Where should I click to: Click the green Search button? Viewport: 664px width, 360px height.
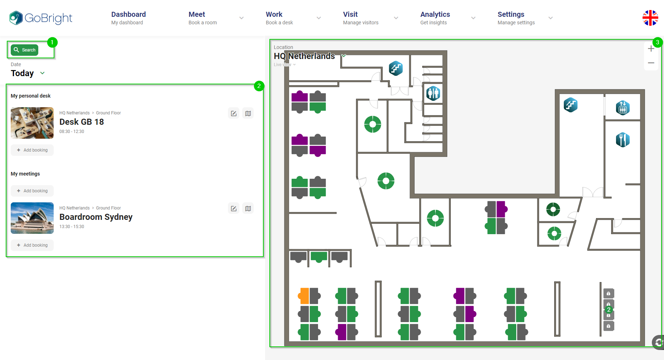(x=25, y=50)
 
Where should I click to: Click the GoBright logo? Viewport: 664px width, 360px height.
(x=41, y=18)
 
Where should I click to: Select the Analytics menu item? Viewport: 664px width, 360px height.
(x=435, y=18)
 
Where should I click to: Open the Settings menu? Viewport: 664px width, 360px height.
(x=511, y=18)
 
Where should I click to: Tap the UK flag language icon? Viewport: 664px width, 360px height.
(x=650, y=18)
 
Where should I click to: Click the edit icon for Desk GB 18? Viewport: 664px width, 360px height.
(x=234, y=113)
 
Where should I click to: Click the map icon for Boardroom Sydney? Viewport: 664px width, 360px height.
(x=248, y=208)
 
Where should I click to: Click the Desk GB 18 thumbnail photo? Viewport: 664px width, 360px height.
(x=32, y=123)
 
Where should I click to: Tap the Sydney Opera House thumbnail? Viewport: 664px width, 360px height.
(x=32, y=218)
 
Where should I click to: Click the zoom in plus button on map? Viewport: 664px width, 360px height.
(x=651, y=49)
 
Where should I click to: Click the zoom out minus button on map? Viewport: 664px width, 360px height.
(x=651, y=63)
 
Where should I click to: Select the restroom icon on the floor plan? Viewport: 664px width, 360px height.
(x=433, y=93)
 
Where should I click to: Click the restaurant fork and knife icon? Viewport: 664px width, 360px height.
(x=622, y=140)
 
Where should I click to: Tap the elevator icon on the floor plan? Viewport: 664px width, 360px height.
(x=622, y=108)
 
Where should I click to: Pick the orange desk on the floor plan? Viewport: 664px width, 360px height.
(x=304, y=296)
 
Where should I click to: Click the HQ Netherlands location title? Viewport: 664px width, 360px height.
(x=304, y=56)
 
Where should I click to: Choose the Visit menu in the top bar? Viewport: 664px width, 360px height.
(x=350, y=18)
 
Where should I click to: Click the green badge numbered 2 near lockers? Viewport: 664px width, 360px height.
(x=609, y=310)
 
